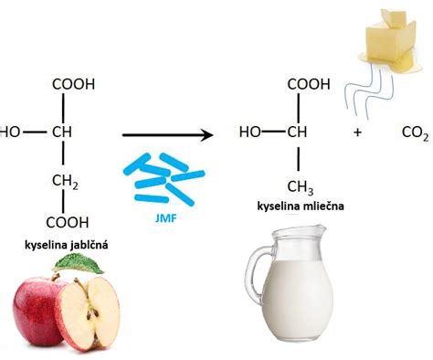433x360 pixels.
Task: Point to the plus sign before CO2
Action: point(358,132)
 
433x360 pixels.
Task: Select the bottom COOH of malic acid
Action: point(69,222)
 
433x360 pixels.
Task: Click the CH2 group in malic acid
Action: point(65,181)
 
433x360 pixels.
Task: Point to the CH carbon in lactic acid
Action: point(298,132)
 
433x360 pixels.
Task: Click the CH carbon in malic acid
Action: point(61,132)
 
